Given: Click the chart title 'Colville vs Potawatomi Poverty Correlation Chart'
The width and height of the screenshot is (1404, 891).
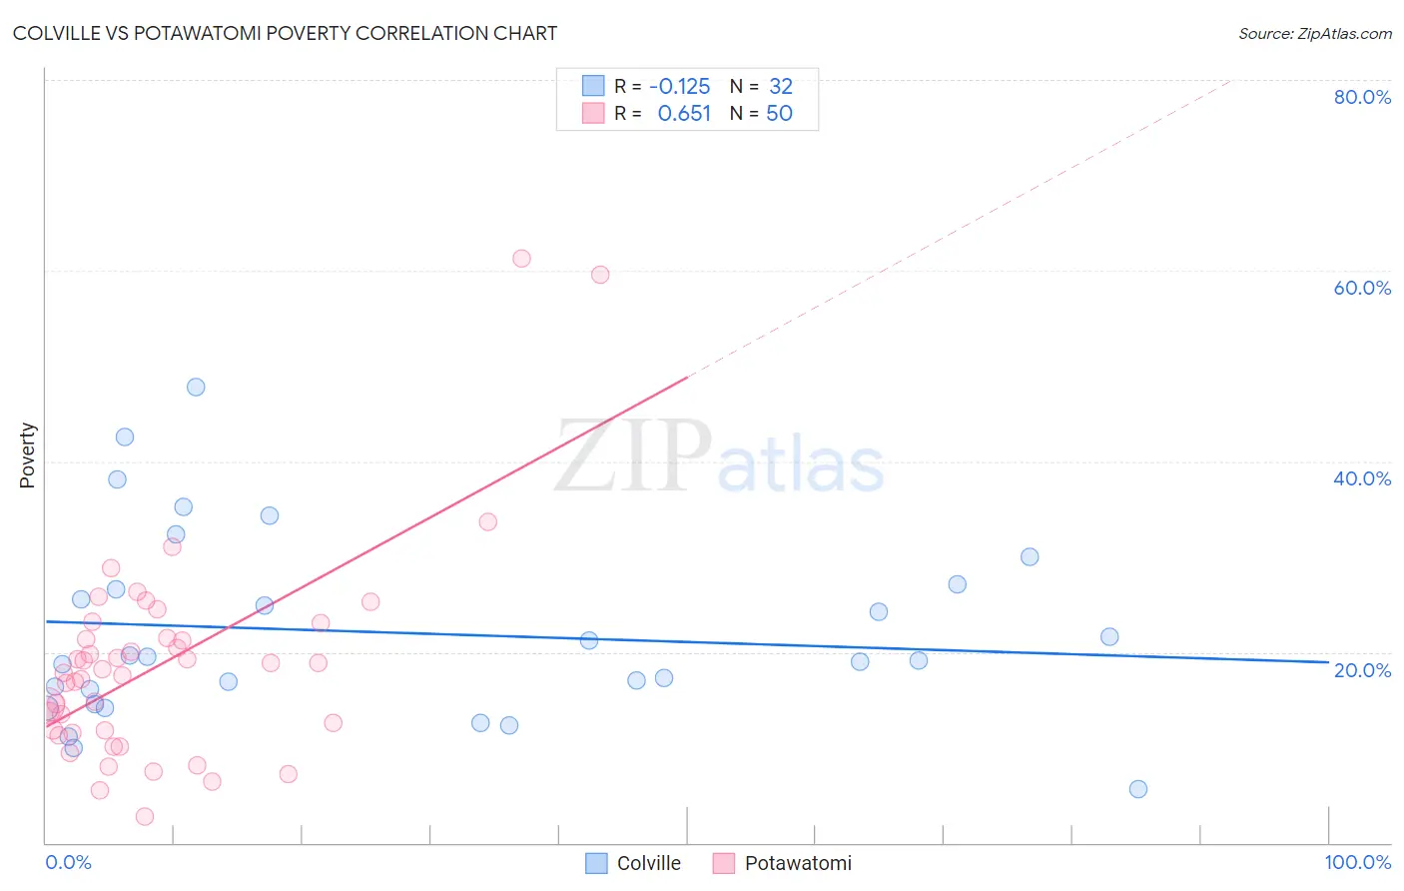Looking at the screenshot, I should pos(285,33).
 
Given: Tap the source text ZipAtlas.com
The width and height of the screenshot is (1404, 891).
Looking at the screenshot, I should pos(1314,33).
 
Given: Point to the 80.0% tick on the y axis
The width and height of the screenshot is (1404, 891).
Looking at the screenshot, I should pos(1361,97).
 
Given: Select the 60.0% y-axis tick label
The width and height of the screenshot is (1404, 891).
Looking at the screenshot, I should pos(1361,288).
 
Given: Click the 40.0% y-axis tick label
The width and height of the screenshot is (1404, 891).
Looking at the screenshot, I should pos(1361,478).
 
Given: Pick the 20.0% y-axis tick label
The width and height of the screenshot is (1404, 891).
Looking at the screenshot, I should pos(1361,670).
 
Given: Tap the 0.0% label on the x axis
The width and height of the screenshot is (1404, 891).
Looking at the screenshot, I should pos(68,862).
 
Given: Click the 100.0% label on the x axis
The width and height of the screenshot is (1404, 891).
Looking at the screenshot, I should pos(1357,862).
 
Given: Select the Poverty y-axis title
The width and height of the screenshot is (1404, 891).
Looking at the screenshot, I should pos(27,455).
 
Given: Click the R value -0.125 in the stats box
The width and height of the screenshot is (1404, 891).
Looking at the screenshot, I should pos(679,87).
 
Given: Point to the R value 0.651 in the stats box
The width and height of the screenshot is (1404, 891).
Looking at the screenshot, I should pos(683,114).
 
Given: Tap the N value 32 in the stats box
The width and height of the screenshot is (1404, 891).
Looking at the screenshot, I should pos(780,87).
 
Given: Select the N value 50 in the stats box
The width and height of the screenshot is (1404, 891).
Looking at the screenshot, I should pos(779,114).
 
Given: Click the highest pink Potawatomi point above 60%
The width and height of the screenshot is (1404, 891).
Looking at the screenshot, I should pos(521,259).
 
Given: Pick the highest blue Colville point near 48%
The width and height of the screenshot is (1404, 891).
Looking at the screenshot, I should pos(196,387).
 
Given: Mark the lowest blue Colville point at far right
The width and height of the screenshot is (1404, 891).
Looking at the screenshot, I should pos(1137,789).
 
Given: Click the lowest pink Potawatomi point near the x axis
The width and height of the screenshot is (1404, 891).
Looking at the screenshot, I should pos(145,817).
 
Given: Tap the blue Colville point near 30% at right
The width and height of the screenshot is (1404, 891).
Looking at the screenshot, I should pos(1030,557).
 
